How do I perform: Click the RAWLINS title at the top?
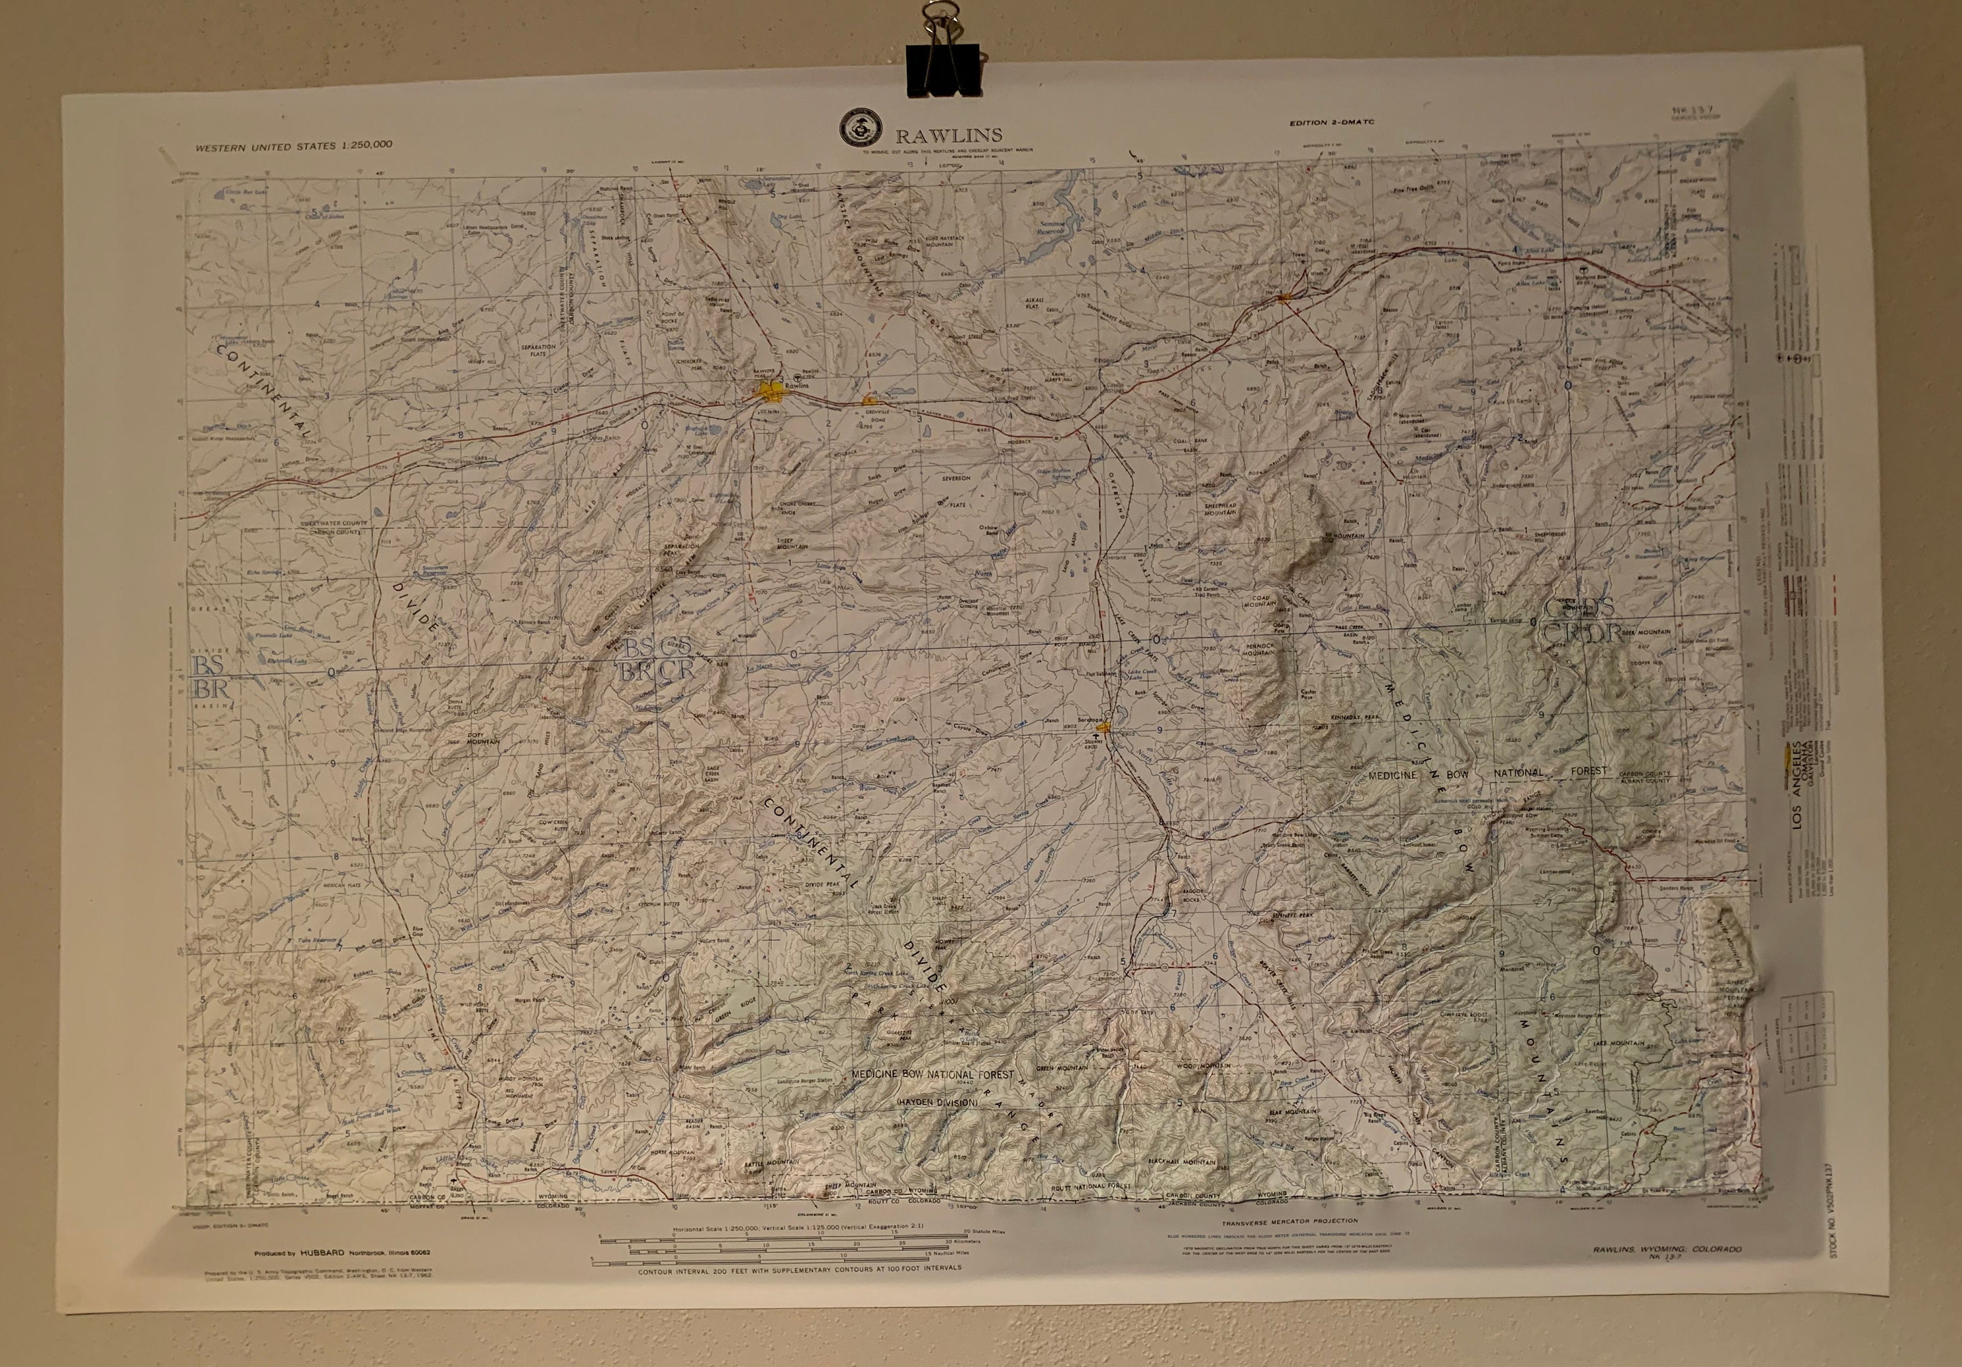[x=948, y=135]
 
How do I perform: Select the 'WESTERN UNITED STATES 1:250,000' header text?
[x=294, y=145]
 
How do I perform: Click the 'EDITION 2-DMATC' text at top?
[x=1336, y=123]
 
